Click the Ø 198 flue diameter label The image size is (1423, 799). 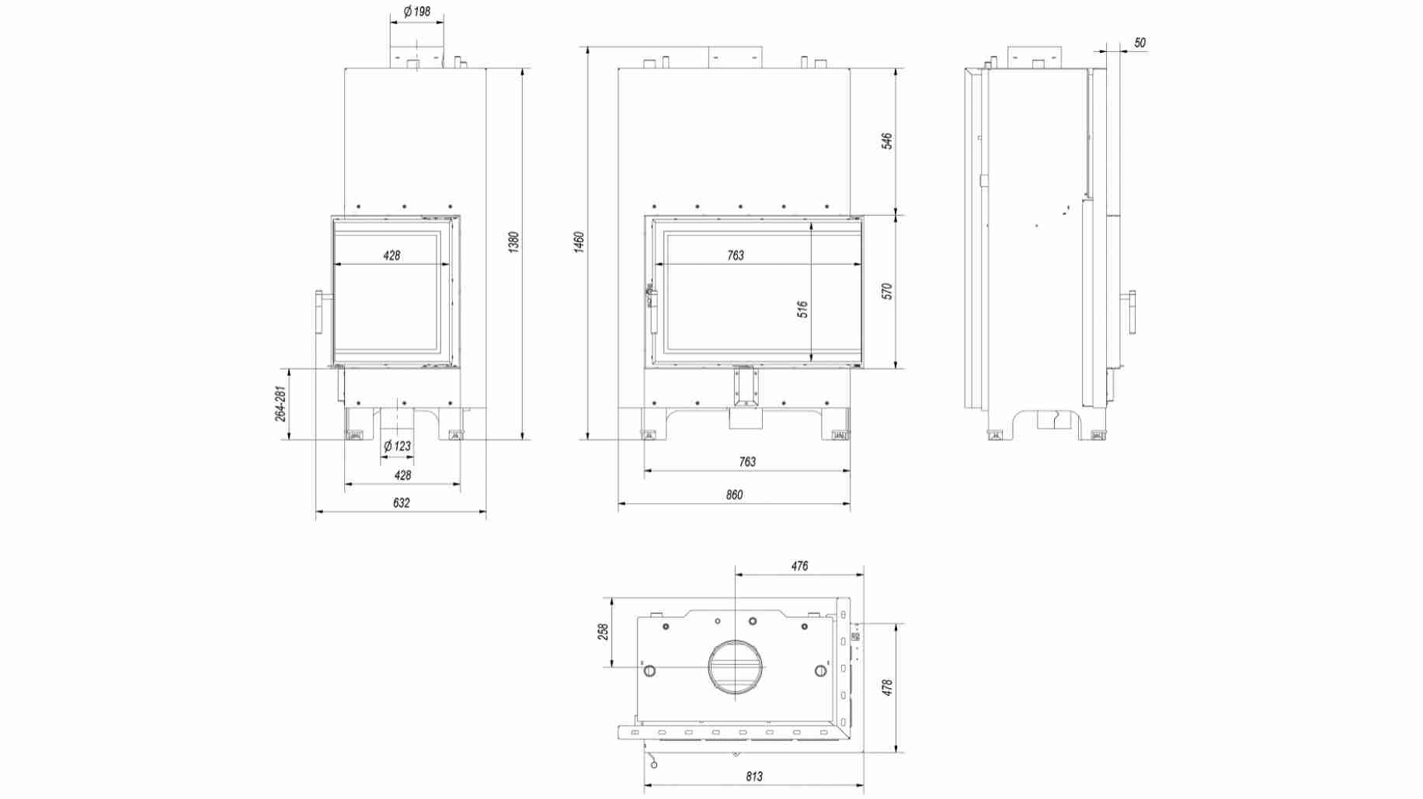[416, 12]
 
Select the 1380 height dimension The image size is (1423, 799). [513, 241]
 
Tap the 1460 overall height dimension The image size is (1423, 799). [579, 241]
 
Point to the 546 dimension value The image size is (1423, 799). [887, 141]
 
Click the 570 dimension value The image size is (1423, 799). [887, 291]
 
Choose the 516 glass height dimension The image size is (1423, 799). [802, 309]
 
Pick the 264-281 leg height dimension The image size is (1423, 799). [280, 404]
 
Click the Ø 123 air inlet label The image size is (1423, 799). [397, 446]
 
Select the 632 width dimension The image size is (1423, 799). [401, 502]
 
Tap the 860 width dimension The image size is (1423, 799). [734, 495]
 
